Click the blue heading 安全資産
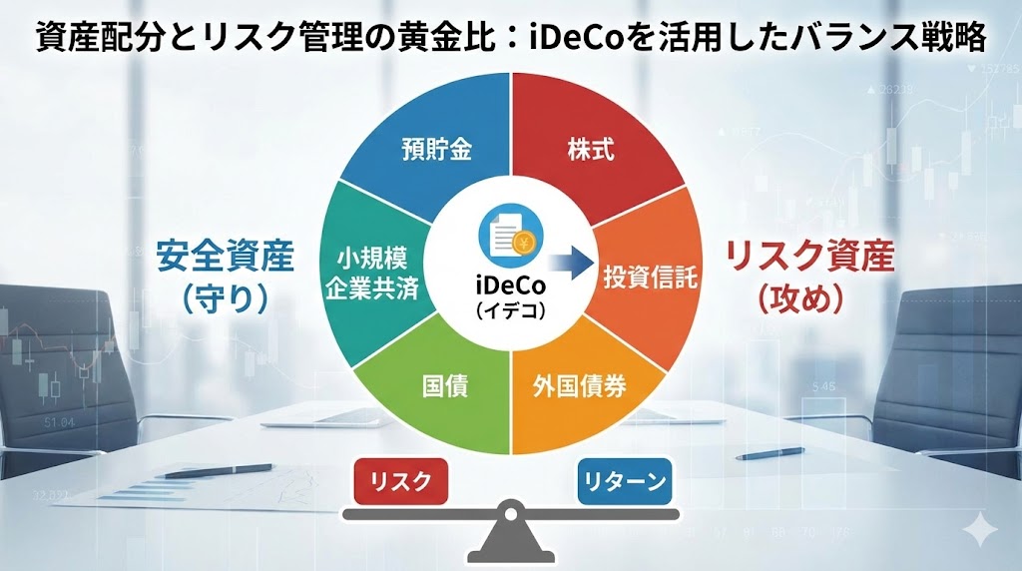(226, 257)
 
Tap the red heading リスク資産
(809, 257)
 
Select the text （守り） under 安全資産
(226, 299)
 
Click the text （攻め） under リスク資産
(809, 299)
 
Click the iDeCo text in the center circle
(510, 286)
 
